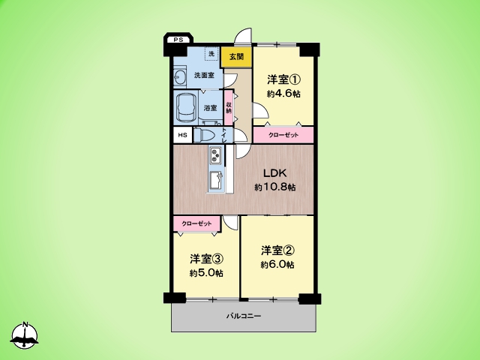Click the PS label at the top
[178, 40]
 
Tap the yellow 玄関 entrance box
[236, 57]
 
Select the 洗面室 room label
[204, 75]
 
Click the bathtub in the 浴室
[186, 108]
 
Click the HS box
[183, 135]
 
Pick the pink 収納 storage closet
[229, 107]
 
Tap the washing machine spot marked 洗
[211, 54]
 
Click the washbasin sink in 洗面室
[180, 76]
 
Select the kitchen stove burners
[216, 154]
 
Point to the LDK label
[275, 173]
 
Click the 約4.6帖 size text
[283, 94]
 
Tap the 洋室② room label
[277, 250]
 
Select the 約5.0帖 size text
[206, 273]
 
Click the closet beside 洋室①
[283, 135]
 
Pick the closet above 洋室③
[196, 223]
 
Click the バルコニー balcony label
[244, 316]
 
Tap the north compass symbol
[25, 335]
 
